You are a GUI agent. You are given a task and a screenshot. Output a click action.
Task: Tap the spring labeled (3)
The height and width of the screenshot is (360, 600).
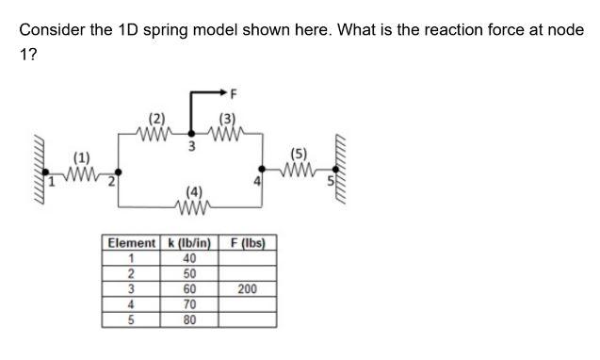(227, 133)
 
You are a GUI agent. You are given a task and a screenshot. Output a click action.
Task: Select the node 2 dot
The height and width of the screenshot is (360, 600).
(117, 175)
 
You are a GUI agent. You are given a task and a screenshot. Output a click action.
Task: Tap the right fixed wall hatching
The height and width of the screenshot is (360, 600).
(344, 171)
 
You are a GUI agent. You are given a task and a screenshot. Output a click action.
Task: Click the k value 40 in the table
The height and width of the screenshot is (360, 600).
(189, 258)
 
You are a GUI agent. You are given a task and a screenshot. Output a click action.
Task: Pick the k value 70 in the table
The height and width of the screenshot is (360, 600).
(189, 304)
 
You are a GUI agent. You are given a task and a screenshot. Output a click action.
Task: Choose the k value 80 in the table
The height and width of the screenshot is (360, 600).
(189, 319)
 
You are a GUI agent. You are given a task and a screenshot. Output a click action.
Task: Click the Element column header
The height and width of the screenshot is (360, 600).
(132, 243)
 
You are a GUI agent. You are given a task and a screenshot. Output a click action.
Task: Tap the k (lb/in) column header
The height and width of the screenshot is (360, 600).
(189, 243)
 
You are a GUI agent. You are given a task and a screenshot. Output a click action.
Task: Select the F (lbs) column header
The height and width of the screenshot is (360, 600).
(247, 243)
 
